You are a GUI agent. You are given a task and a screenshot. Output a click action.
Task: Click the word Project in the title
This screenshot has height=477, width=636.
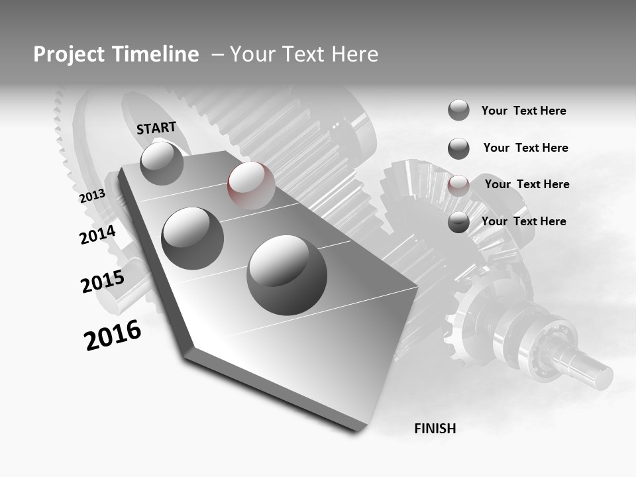[67, 54]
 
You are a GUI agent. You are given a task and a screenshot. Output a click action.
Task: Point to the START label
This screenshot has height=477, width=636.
[156, 128]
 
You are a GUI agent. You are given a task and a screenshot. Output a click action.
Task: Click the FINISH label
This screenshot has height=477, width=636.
[435, 429]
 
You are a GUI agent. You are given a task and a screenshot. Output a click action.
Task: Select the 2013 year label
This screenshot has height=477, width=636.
[92, 195]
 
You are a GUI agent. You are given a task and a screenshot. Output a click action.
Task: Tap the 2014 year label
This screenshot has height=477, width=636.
[97, 235]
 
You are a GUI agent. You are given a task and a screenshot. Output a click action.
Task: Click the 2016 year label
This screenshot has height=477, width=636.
[113, 335]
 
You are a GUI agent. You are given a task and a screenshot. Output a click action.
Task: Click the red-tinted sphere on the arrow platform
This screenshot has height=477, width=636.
[251, 185]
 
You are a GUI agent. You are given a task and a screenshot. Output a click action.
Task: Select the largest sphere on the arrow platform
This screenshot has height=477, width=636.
[287, 275]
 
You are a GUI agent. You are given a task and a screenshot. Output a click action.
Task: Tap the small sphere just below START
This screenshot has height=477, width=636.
[162, 163]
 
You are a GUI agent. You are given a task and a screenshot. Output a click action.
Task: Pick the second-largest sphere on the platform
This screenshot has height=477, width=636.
[193, 238]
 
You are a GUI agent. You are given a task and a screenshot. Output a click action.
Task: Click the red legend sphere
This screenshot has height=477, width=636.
[458, 185]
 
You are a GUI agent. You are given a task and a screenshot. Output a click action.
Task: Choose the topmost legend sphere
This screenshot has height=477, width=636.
[458, 110]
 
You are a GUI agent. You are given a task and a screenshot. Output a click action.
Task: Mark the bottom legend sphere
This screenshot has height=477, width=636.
[458, 223]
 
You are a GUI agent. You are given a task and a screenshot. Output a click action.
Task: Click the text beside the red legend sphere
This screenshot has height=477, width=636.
[527, 184]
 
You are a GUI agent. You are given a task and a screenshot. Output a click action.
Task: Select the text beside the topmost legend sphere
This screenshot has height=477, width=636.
[523, 111]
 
